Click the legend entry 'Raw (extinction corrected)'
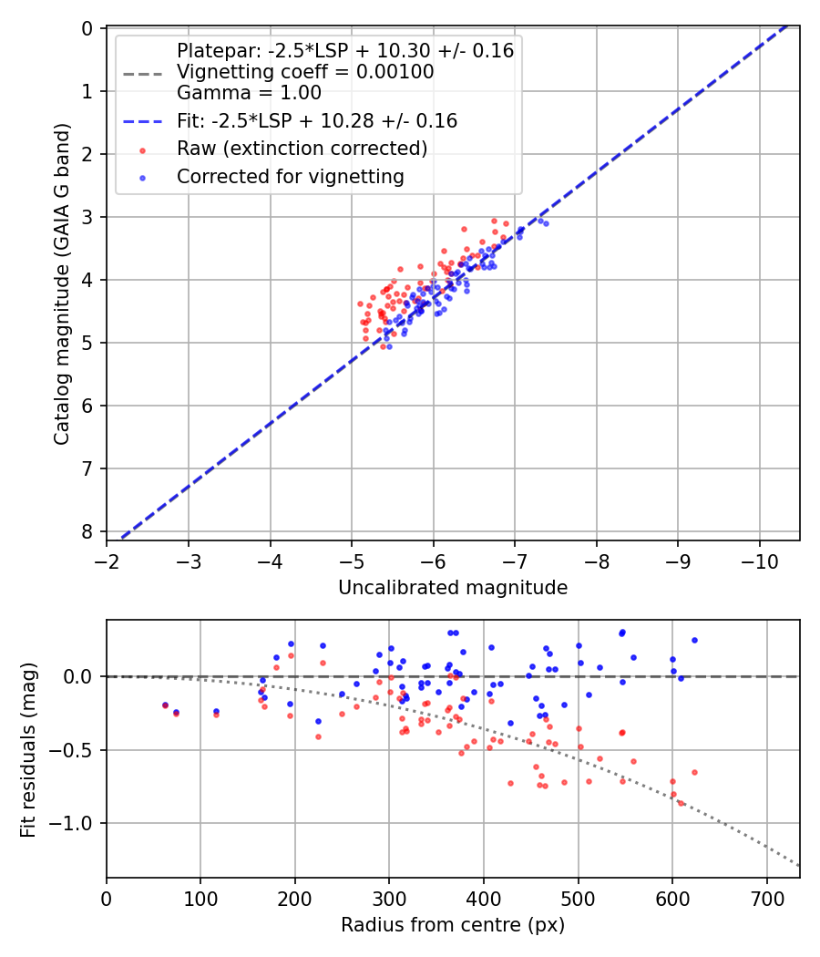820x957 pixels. pyautogui.click(x=302, y=149)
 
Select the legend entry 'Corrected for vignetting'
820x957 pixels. pyautogui.click(x=290, y=177)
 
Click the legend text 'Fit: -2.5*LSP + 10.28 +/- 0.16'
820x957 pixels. pyautogui.click(x=316, y=120)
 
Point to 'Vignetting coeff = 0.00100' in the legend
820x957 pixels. pyautogui.click(x=304, y=72)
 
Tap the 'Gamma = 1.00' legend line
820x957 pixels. pyautogui.click(x=248, y=92)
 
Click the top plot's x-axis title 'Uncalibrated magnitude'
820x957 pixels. pyautogui.click(x=453, y=588)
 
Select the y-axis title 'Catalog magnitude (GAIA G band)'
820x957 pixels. pyautogui.click(x=61, y=284)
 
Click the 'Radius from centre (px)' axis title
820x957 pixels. pyautogui.click(x=453, y=925)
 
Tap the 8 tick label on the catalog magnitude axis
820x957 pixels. pyautogui.click(x=88, y=531)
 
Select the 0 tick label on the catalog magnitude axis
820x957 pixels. pyautogui.click(x=88, y=28)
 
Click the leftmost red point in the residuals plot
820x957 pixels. pyautogui.click(x=165, y=705)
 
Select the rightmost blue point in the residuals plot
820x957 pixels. pyautogui.click(x=694, y=640)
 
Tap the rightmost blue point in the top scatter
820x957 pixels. pyautogui.click(x=546, y=223)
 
